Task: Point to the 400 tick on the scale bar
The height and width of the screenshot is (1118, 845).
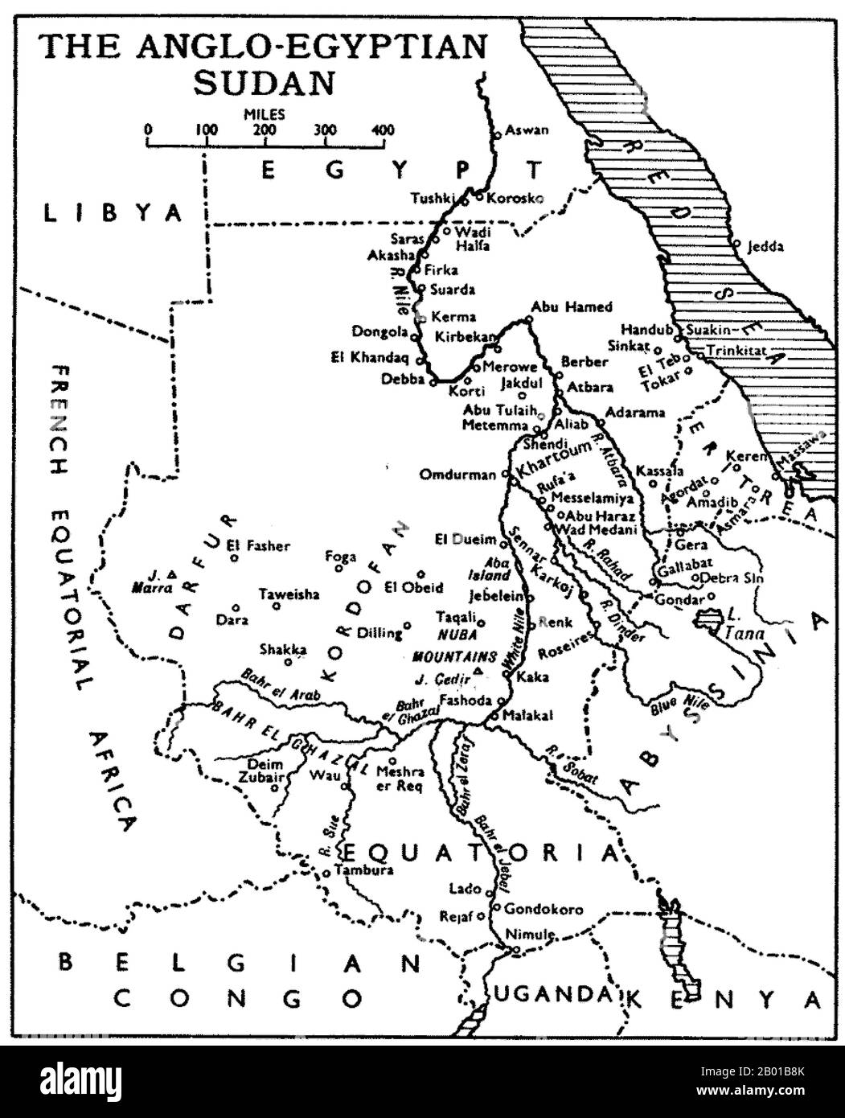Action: (x=383, y=130)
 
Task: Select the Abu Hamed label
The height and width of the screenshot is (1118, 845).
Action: (x=571, y=306)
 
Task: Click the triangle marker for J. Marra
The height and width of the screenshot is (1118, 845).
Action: (x=172, y=573)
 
